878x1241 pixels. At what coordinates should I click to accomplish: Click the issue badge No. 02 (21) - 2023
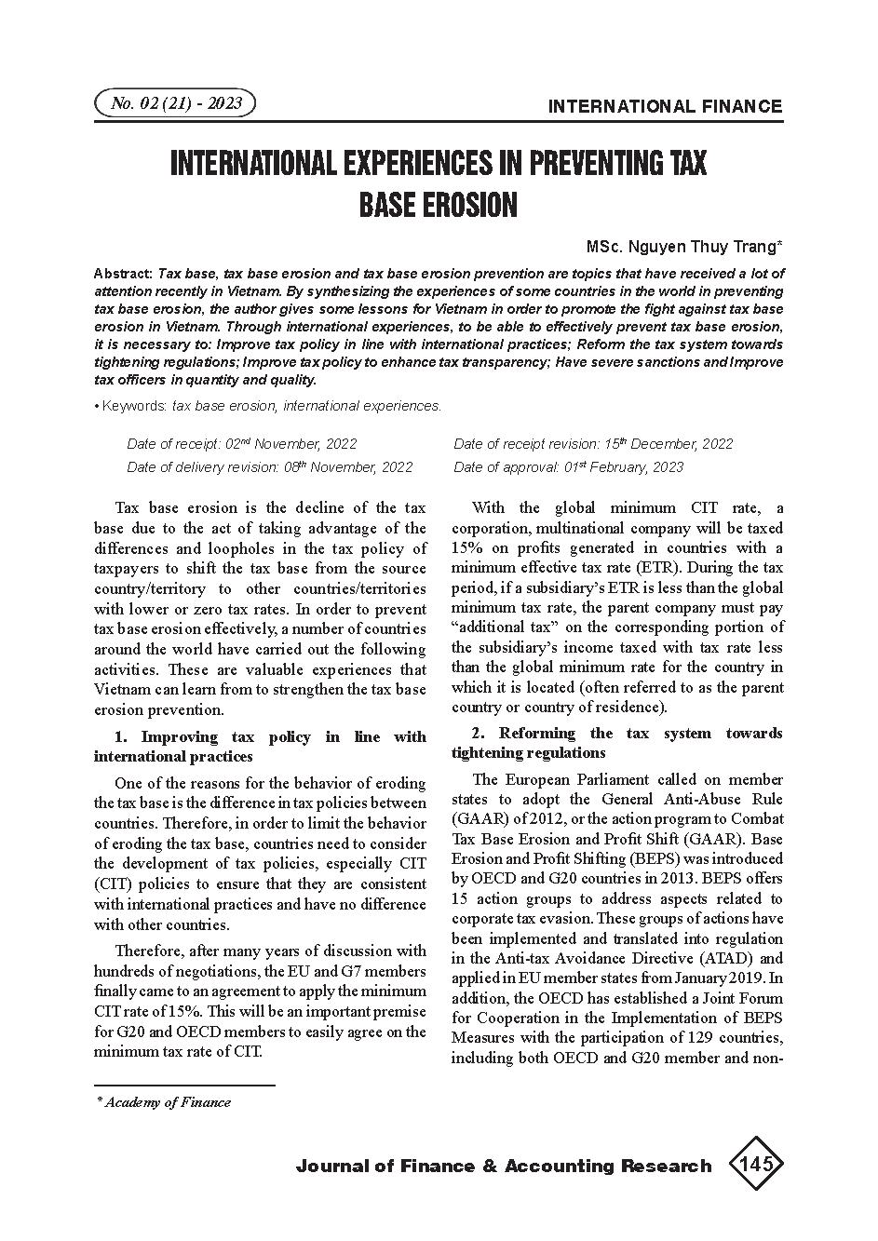[x=175, y=102]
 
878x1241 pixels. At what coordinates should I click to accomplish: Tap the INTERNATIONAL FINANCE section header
[x=665, y=106]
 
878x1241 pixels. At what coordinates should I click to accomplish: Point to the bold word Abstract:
[x=124, y=274]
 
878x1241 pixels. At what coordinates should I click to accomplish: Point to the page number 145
[x=754, y=1164]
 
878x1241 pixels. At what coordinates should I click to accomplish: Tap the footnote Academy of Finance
[x=168, y=1102]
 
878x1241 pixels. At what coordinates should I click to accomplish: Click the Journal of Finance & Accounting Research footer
[x=503, y=1166]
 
